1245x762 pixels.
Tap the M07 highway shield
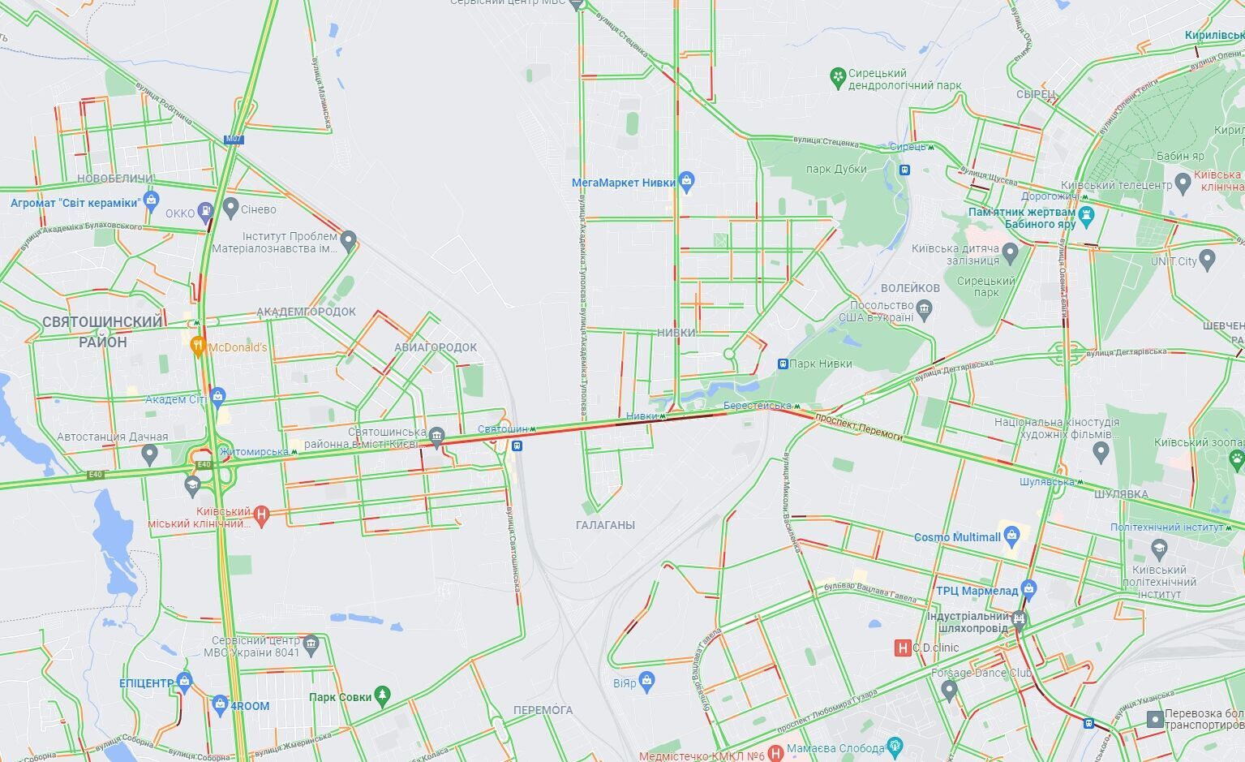point(234,139)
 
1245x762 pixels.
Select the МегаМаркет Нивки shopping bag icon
point(687,182)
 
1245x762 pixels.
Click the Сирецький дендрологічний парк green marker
point(838,78)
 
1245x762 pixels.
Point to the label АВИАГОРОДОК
point(436,347)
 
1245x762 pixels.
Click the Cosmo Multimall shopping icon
point(1011,536)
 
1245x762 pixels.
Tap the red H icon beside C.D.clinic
point(901,648)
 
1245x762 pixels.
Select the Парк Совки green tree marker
point(383,696)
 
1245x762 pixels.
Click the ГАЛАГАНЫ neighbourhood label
point(605,525)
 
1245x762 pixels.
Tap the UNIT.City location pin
point(1207,260)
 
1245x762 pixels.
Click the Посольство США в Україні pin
point(924,308)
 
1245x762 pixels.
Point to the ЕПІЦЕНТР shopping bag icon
point(184,682)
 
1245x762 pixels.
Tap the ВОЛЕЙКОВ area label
point(910,288)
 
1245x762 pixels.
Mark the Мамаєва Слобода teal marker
point(895,747)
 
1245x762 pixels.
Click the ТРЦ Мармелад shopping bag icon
point(1028,590)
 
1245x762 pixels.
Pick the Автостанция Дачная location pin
point(148,454)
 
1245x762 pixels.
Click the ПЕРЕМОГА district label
point(543,710)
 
